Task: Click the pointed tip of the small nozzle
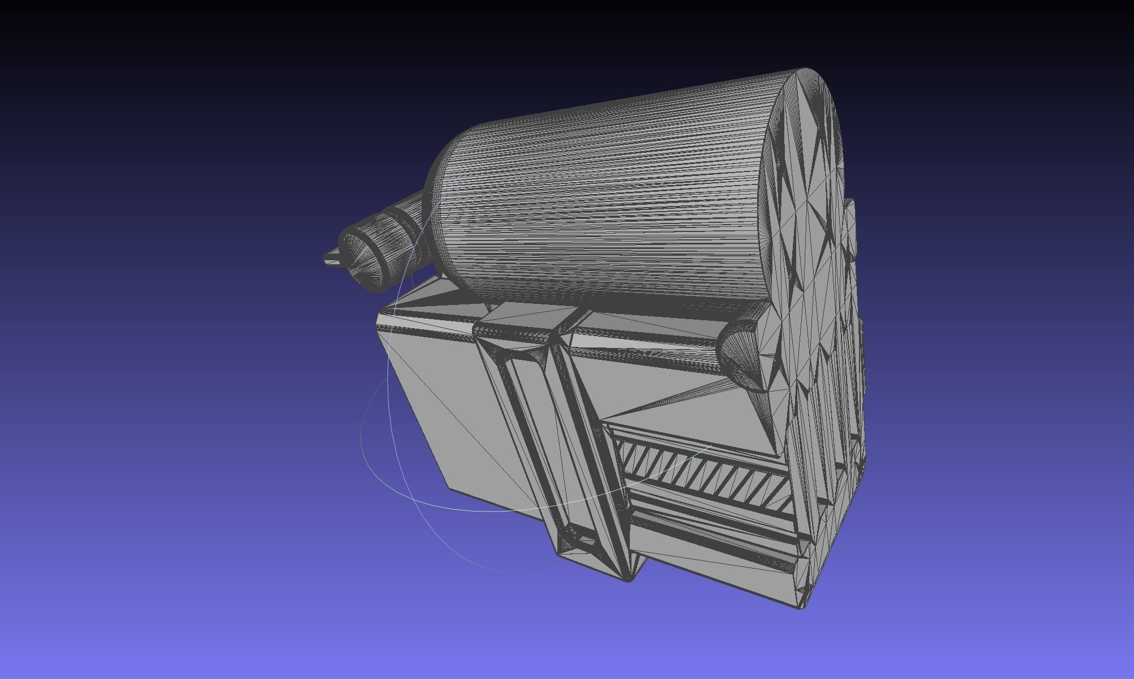point(325,259)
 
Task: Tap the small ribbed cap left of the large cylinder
point(368,255)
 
